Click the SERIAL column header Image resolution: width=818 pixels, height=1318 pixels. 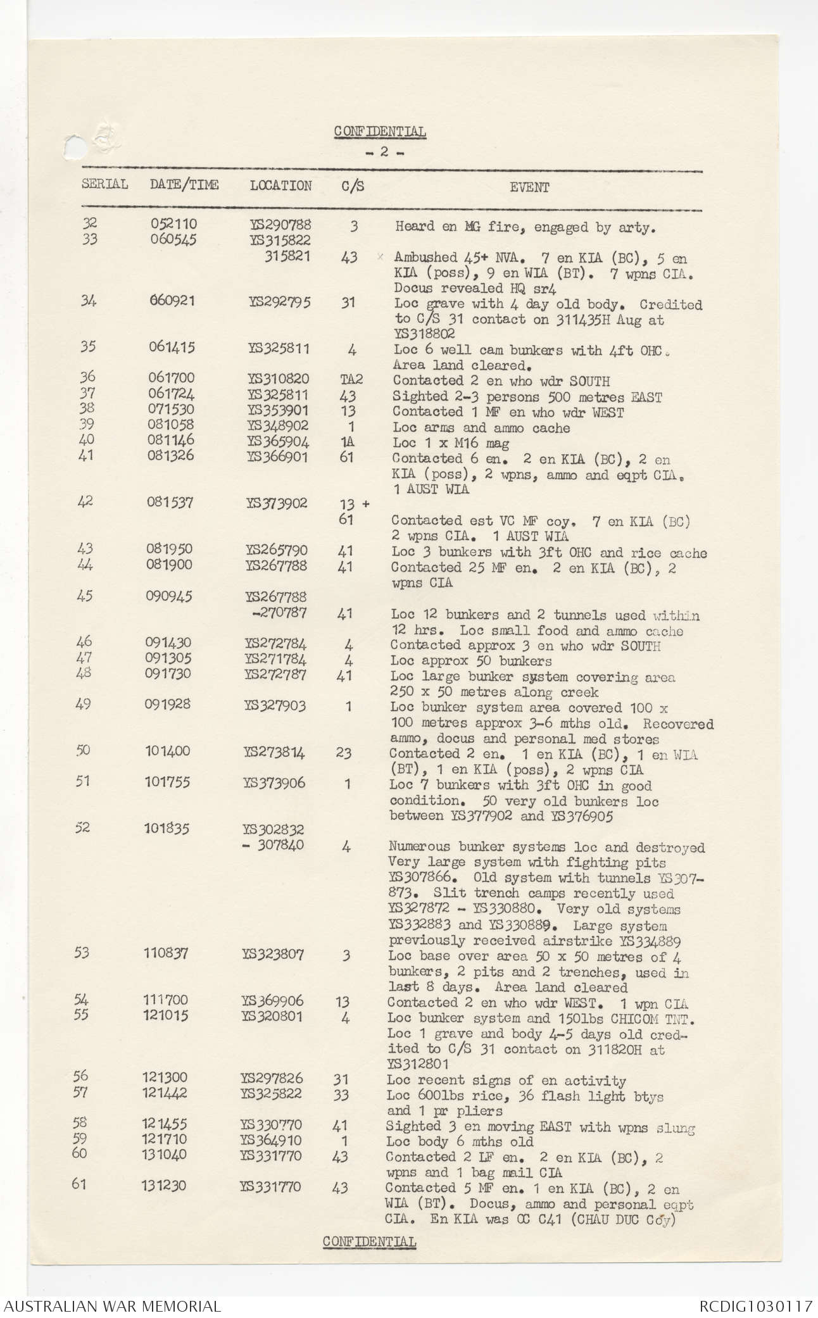point(104,184)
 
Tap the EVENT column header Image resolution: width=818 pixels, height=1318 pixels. point(529,187)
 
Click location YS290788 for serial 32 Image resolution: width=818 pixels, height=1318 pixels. point(280,225)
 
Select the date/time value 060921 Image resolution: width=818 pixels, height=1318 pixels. point(172,301)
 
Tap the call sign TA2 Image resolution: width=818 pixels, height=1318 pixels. point(351,380)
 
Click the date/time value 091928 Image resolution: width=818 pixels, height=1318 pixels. point(168,705)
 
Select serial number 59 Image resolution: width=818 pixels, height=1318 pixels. point(80,1139)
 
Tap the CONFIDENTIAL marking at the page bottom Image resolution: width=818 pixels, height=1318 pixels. point(369,1241)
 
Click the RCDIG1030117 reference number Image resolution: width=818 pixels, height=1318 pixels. point(755,1305)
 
